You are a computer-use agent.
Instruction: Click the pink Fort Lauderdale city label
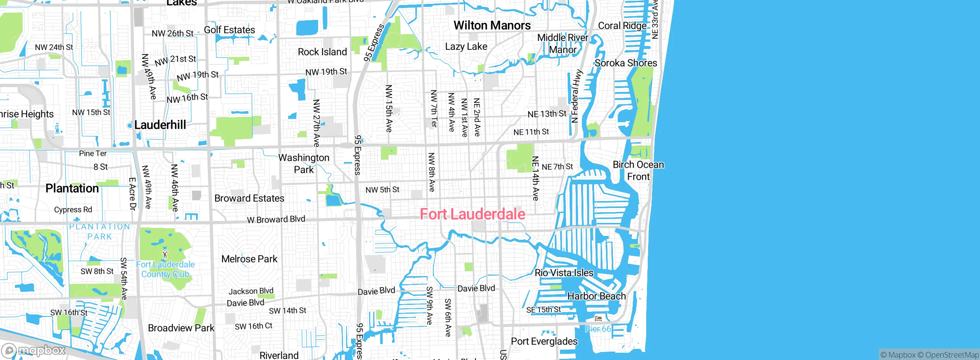[x=472, y=214]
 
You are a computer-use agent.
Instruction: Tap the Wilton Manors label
[x=492, y=26]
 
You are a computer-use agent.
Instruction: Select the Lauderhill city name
[x=160, y=125]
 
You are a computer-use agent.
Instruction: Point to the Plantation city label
[x=72, y=188]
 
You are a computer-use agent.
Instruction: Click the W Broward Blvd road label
[x=276, y=219]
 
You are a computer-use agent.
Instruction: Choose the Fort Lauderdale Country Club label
[x=165, y=269]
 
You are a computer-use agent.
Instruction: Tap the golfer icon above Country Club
[x=165, y=254]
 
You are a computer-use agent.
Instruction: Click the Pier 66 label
[x=598, y=329]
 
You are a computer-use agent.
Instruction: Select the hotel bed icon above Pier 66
[x=598, y=319]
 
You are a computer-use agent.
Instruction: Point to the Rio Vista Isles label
[x=564, y=273]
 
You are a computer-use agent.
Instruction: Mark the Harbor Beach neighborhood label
[x=596, y=296]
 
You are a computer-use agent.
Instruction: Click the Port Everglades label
[x=544, y=341]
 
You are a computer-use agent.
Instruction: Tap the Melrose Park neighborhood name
[x=249, y=259]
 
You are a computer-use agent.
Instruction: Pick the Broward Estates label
[x=249, y=198]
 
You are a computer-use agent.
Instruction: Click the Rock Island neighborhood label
[x=322, y=52]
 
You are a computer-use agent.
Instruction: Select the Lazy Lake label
[x=466, y=47]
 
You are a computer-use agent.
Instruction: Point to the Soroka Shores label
[x=626, y=63]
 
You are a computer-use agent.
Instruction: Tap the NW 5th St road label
[x=382, y=190]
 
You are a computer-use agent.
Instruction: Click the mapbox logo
[x=34, y=350]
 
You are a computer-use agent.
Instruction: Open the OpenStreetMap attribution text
[x=952, y=355]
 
